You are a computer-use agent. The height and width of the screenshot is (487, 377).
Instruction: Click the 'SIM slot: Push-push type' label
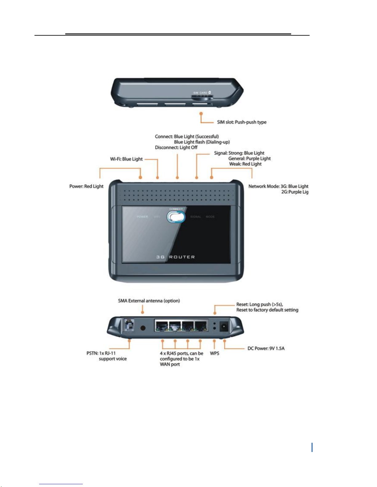242,122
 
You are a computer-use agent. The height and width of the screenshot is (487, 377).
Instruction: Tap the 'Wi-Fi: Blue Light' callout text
126,159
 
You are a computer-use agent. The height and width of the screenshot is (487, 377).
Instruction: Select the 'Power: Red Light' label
86,186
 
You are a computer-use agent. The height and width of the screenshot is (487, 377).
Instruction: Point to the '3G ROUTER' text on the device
175,257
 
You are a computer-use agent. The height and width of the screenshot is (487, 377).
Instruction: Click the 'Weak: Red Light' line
245,164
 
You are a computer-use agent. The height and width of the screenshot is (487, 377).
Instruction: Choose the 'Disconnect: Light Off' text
176,147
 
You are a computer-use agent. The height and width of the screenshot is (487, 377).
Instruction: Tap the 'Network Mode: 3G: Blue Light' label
278,186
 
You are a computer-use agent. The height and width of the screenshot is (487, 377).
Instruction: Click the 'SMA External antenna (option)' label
149,301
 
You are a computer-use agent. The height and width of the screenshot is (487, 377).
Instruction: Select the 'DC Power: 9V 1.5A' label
266,348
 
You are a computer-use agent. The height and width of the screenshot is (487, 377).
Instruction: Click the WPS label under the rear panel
215,353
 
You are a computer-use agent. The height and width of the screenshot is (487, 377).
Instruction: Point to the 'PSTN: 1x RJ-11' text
101,353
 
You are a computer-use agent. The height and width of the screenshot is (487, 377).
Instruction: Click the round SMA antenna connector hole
143,328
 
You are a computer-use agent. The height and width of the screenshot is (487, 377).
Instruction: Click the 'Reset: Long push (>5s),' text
259,304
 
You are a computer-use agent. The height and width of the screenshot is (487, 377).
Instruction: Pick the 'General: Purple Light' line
249,159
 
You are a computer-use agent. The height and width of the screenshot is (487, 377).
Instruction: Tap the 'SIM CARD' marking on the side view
200,92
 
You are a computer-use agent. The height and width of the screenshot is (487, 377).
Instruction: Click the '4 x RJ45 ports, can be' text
182,353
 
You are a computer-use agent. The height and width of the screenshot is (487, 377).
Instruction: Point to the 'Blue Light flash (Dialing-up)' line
202,142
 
